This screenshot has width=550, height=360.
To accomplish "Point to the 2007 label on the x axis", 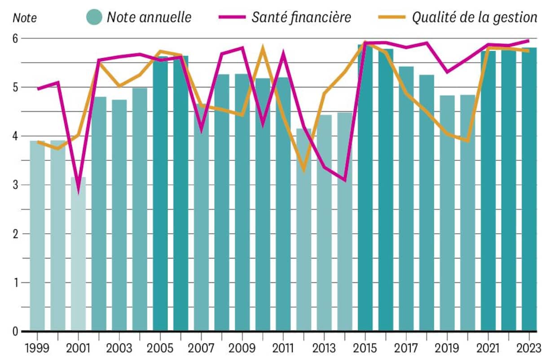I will (x=201, y=348).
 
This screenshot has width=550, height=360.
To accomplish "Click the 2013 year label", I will (x=324, y=348).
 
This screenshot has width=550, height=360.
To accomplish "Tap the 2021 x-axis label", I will (x=488, y=348).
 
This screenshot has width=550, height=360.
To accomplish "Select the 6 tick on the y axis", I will (x=16, y=39).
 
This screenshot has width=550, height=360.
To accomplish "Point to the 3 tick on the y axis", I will (x=16, y=185).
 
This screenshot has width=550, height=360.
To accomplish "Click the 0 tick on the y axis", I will (x=16, y=332).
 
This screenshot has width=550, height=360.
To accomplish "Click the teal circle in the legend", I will (x=94, y=17).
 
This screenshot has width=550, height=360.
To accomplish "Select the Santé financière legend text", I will (x=301, y=17).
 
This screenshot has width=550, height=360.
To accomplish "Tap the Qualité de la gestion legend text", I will (x=475, y=17).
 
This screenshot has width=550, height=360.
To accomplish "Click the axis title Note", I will (x=24, y=18).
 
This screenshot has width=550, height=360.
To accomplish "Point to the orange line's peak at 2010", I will (x=263, y=47).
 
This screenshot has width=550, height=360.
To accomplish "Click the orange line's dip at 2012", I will (x=304, y=170).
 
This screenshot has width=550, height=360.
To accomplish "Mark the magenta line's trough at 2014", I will (x=345, y=180).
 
